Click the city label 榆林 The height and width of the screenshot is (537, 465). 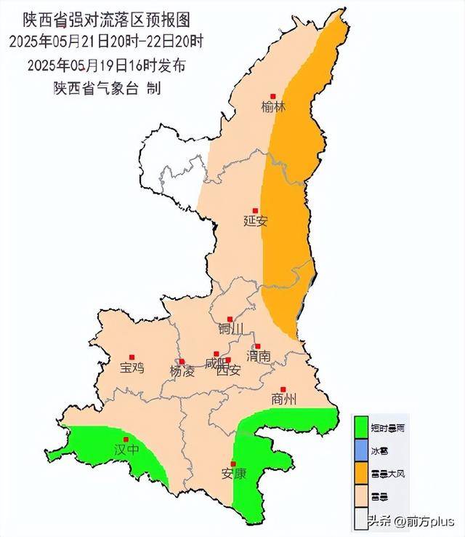tap(274, 107)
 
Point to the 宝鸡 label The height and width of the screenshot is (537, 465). tap(132, 368)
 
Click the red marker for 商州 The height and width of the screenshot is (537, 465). tap(284, 389)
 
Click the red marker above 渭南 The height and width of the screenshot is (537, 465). tap(256, 346)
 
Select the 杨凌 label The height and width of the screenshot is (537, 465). tap(182, 371)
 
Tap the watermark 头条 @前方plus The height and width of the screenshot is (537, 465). tap(411, 522)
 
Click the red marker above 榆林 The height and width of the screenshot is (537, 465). tap(274, 96)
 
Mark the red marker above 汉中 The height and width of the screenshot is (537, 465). tap(126, 439)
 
